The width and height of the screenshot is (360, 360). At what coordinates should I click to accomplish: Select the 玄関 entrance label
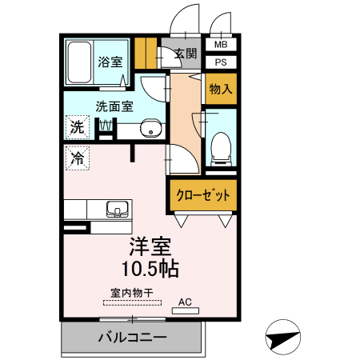pos(186,54)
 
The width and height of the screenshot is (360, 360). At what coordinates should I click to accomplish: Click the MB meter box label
pos(220,45)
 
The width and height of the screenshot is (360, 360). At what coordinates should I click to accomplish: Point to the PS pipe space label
pos(220,62)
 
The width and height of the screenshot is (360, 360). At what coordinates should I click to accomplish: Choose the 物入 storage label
pos(220,89)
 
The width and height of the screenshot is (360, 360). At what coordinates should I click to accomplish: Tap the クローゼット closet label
pos(203,194)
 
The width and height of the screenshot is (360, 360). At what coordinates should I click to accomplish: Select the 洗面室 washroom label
pos(114,106)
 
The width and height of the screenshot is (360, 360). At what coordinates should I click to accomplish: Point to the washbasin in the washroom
pos(150,129)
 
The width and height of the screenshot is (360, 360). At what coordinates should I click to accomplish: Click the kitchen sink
pos(118,210)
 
